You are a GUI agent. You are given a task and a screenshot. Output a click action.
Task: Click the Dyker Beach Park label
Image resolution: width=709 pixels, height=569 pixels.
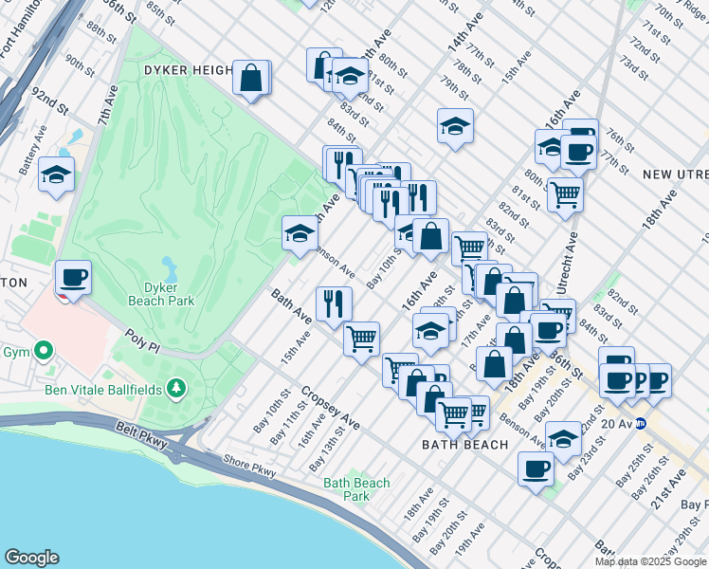tap(161, 293)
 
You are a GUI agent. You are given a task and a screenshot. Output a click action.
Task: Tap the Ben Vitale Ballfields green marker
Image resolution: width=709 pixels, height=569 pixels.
tap(175, 388)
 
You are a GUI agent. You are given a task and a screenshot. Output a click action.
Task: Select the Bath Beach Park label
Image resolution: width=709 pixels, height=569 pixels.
tap(356, 489)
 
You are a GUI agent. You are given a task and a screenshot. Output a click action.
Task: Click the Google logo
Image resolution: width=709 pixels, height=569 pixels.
tap(30, 558)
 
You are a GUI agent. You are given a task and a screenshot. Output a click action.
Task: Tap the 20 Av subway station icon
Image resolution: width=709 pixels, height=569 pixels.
tap(641, 423)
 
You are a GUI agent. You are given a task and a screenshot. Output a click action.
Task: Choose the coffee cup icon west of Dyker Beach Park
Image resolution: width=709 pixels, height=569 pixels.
tap(73, 278)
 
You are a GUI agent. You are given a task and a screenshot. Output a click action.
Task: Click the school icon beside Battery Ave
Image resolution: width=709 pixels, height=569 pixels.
tap(57, 175)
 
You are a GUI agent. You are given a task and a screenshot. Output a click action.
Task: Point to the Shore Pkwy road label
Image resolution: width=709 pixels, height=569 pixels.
tap(249, 461)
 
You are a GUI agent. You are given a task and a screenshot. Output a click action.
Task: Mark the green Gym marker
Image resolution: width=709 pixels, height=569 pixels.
tap(43, 352)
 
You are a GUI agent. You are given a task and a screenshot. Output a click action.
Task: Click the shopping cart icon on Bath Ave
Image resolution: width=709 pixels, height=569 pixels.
tap(361, 338)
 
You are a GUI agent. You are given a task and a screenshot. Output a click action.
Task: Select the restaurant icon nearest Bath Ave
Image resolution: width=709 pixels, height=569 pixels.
tap(333, 303)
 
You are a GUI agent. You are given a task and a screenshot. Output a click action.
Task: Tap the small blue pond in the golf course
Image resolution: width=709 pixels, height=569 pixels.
tap(169, 264)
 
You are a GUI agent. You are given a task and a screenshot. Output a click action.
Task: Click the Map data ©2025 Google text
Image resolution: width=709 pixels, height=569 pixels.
tap(650, 561)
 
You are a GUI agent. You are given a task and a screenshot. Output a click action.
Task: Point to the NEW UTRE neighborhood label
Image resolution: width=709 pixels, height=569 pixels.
tap(674, 174)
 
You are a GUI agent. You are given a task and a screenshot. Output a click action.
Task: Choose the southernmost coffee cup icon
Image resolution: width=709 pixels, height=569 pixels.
tap(536, 468)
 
